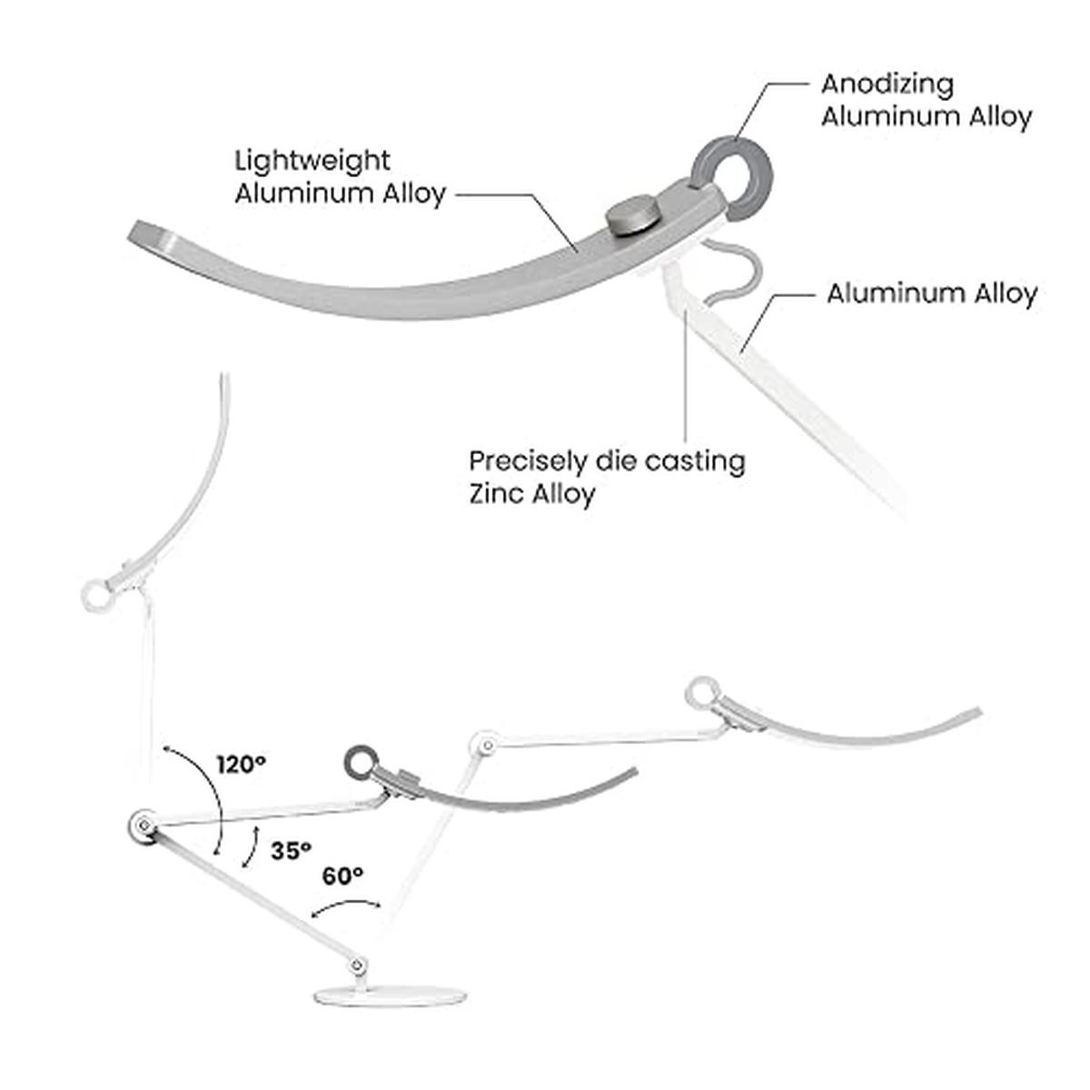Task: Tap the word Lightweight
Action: point(312,161)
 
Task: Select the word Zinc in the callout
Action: point(496,494)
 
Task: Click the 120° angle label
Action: point(241,764)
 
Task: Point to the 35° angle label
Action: point(291,851)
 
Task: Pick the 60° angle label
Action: point(342,876)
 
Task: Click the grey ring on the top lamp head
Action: point(732,173)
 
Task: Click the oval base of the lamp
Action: point(391,995)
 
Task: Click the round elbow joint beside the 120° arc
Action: point(141,827)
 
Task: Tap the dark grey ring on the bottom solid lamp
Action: point(361,763)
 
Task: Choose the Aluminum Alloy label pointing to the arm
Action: point(931,293)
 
